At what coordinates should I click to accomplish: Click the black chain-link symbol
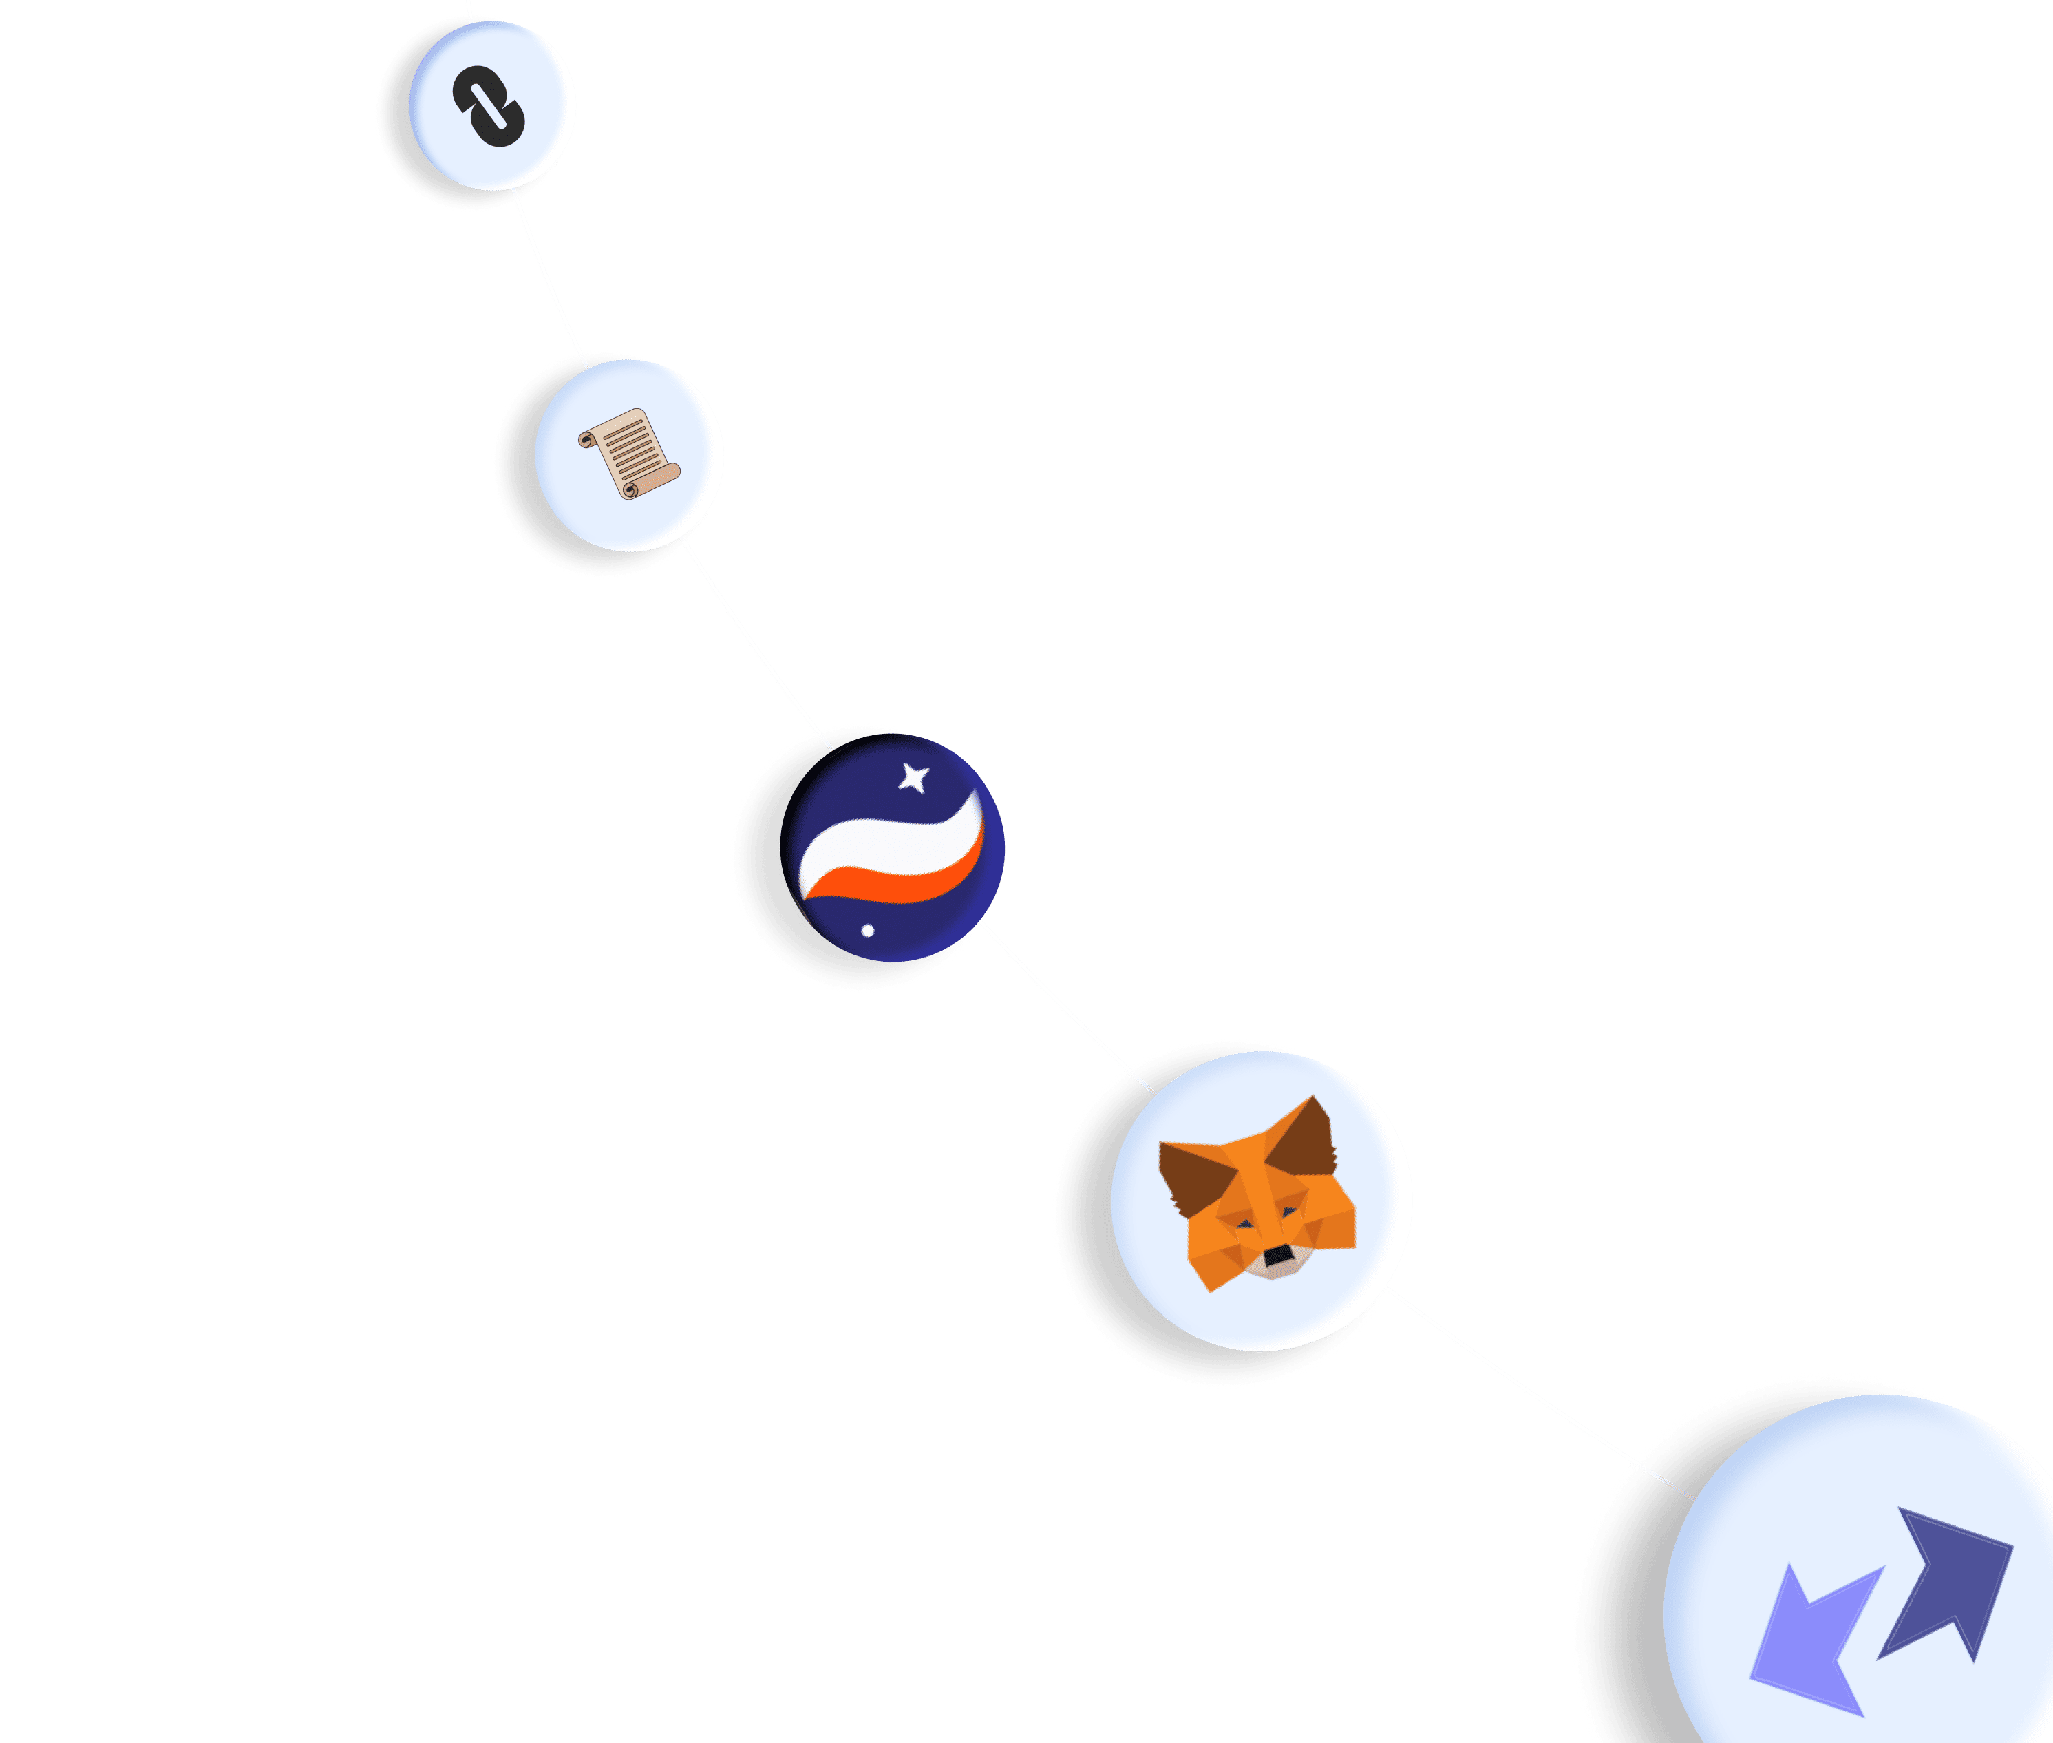coord(489,107)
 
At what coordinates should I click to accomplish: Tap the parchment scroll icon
coord(628,454)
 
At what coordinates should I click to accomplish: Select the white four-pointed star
coord(914,779)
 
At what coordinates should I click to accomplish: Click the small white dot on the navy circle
coord(867,930)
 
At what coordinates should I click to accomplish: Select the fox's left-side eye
coord(1246,1225)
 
